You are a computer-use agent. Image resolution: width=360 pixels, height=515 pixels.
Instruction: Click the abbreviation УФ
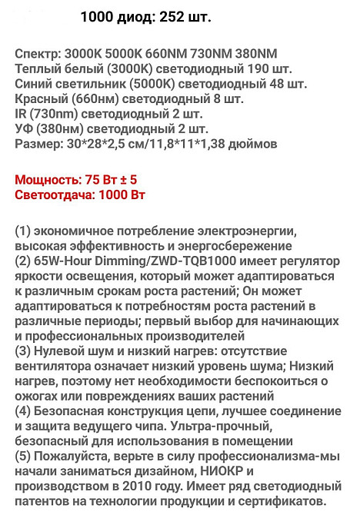tap(24, 128)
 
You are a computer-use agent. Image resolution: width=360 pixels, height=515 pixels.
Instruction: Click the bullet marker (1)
tap(23, 231)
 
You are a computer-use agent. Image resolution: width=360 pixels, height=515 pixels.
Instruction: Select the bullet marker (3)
tap(23, 351)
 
